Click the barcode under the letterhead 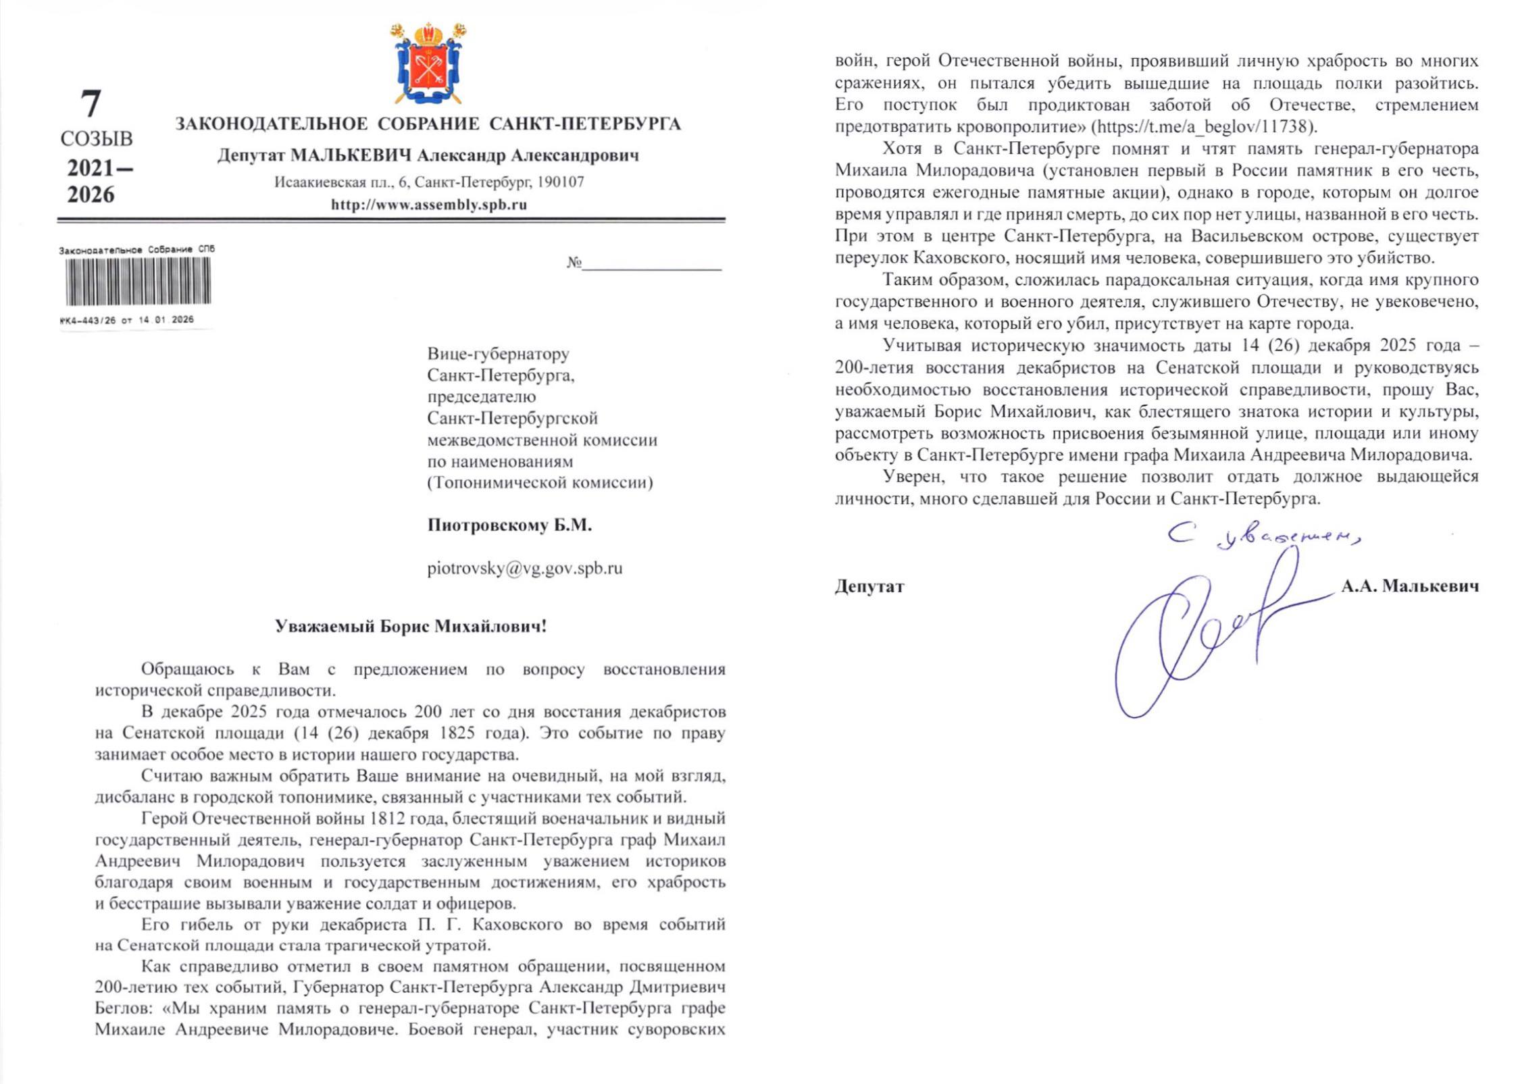(x=138, y=281)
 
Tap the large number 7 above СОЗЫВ (x=91, y=104)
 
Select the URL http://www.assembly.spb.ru (x=428, y=205)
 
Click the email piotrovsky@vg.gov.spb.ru (x=524, y=568)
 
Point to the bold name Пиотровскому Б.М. (x=509, y=525)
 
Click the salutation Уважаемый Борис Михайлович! (x=411, y=626)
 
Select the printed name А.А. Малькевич (x=1409, y=586)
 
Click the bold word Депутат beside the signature (x=869, y=586)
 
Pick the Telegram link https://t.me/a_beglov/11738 (x=1204, y=126)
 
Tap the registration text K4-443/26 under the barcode (x=88, y=320)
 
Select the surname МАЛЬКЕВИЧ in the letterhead (x=351, y=155)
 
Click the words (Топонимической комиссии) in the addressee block (x=540, y=482)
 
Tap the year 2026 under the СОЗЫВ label (x=91, y=195)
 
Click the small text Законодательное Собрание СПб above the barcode (x=136, y=250)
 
